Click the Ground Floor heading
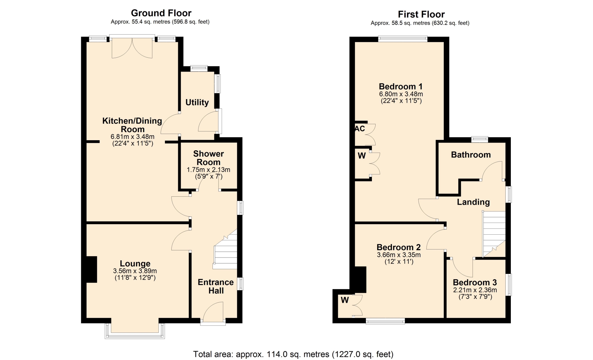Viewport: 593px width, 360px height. tap(161, 13)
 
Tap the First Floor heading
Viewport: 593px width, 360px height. tap(421, 14)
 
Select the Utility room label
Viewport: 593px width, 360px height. tap(197, 102)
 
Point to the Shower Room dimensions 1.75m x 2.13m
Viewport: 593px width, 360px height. tap(208, 170)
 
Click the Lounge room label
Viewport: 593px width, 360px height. tap(135, 263)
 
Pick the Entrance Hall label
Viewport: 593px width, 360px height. tap(216, 286)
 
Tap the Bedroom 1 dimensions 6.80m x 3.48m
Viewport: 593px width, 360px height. tap(401, 94)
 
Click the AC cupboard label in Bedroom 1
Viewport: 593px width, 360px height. tap(360, 128)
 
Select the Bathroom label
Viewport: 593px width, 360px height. tap(471, 155)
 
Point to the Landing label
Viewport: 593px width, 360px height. tap(473, 202)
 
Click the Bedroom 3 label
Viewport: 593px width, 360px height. tap(475, 282)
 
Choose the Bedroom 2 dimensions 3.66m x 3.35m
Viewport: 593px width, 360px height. tap(399, 255)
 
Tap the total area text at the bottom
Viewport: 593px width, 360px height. tap(293, 354)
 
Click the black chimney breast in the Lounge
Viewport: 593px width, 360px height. tap(91, 269)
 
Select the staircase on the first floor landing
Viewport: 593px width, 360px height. tap(494, 234)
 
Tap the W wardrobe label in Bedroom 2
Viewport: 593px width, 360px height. tap(345, 299)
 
